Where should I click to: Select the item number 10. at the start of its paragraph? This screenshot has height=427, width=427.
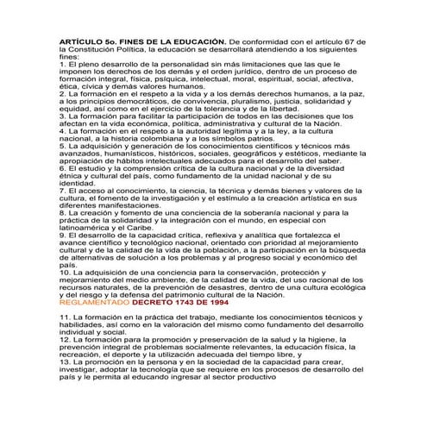click(66, 269)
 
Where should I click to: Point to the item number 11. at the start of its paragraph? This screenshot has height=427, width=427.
click(66, 320)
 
